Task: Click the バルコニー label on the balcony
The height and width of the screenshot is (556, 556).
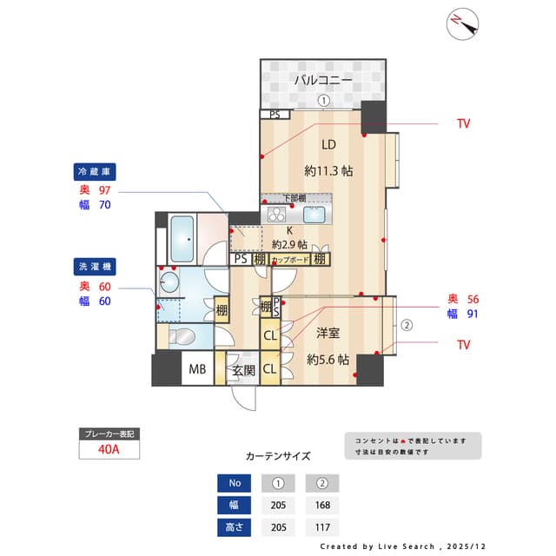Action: [322, 80]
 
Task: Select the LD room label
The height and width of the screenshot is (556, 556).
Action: [328, 144]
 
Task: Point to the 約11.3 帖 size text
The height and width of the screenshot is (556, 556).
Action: [328, 171]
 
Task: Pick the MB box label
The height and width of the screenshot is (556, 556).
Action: [198, 369]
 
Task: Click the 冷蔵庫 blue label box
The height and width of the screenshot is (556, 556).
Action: [96, 171]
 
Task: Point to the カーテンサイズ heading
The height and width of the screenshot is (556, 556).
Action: [277, 455]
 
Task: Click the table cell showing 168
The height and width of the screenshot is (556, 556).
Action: [322, 505]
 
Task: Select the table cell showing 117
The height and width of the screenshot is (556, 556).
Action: [322, 526]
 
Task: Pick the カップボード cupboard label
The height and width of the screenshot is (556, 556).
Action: [291, 259]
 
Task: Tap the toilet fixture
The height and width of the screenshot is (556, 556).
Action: [182, 336]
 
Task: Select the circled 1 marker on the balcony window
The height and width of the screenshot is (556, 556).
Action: [323, 101]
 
